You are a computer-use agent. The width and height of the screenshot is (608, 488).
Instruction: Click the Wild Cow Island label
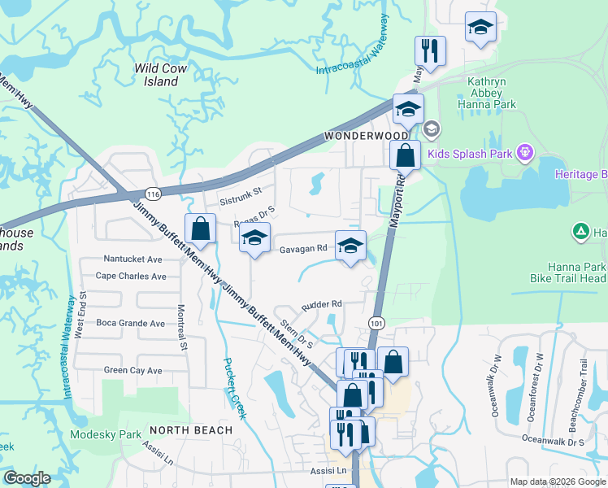[161, 75]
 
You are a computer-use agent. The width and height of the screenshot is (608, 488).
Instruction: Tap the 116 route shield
[152, 192]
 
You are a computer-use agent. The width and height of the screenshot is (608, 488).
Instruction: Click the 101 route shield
[376, 323]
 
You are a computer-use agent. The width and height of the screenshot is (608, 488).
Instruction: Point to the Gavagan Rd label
[304, 248]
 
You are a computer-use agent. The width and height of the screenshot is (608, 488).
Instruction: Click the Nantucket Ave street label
[133, 259]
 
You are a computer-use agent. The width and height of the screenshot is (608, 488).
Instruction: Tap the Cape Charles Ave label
[131, 276]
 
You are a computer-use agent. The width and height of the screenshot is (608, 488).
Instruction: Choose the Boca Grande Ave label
[130, 323]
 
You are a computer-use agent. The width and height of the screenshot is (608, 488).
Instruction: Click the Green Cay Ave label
[133, 370]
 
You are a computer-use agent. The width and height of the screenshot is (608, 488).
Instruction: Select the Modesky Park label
[106, 434]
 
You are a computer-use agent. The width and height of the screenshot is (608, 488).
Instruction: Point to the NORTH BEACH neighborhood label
[191, 429]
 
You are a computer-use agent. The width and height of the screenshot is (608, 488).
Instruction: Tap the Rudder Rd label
[322, 304]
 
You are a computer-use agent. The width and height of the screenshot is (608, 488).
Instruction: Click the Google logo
[26, 478]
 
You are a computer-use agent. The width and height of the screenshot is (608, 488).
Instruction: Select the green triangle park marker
[581, 233]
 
